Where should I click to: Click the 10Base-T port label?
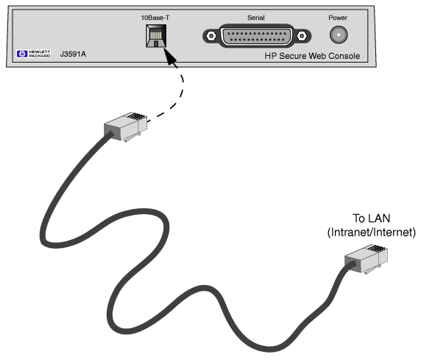point(155,18)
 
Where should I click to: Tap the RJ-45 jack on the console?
point(156,36)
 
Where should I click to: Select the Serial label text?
point(255,18)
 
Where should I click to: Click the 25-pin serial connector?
point(257,36)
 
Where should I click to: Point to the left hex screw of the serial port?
point(211,36)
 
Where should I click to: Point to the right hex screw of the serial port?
point(302,36)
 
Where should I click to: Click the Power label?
point(338,18)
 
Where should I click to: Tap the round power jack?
point(339,35)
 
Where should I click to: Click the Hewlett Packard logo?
point(33,54)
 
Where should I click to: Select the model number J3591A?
point(73,54)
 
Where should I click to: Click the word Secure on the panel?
point(293,56)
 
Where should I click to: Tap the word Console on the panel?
point(344,56)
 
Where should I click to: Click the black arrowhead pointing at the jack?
point(170,57)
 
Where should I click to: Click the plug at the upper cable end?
point(125,127)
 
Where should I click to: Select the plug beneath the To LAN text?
point(367,259)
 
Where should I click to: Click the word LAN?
point(379,219)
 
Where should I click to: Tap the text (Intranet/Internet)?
point(372,232)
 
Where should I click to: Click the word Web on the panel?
point(317,56)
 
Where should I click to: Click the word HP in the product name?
point(271,56)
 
